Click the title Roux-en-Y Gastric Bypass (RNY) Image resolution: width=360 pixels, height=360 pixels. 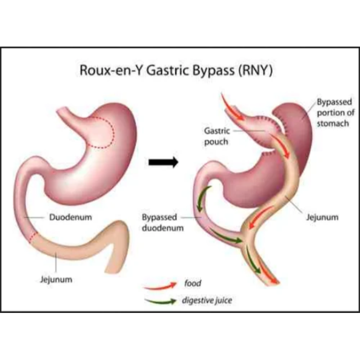(x=176, y=70)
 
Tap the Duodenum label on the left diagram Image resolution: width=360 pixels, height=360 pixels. (x=71, y=217)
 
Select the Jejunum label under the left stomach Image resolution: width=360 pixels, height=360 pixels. (x=56, y=280)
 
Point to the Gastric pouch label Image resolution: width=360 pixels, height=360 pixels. (x=217, y=136)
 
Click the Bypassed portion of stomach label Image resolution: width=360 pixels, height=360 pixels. (x=336, y=113)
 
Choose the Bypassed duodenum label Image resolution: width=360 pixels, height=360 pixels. (x=163, y=222)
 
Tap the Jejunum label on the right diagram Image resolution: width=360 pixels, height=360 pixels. (x=322, y=217)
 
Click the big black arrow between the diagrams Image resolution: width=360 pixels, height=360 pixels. (x=163, y=162)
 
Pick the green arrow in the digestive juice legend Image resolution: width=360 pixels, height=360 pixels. (x=161, y=301)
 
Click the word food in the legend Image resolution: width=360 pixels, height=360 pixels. (x=193, y=283)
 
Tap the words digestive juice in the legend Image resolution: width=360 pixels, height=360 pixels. (x=207, y=301)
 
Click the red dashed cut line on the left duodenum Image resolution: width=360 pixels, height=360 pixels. (x=34, y=237)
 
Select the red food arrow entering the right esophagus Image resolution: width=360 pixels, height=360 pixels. (x=232, y=107)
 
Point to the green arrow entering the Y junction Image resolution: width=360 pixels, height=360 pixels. (x=226, y=236)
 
